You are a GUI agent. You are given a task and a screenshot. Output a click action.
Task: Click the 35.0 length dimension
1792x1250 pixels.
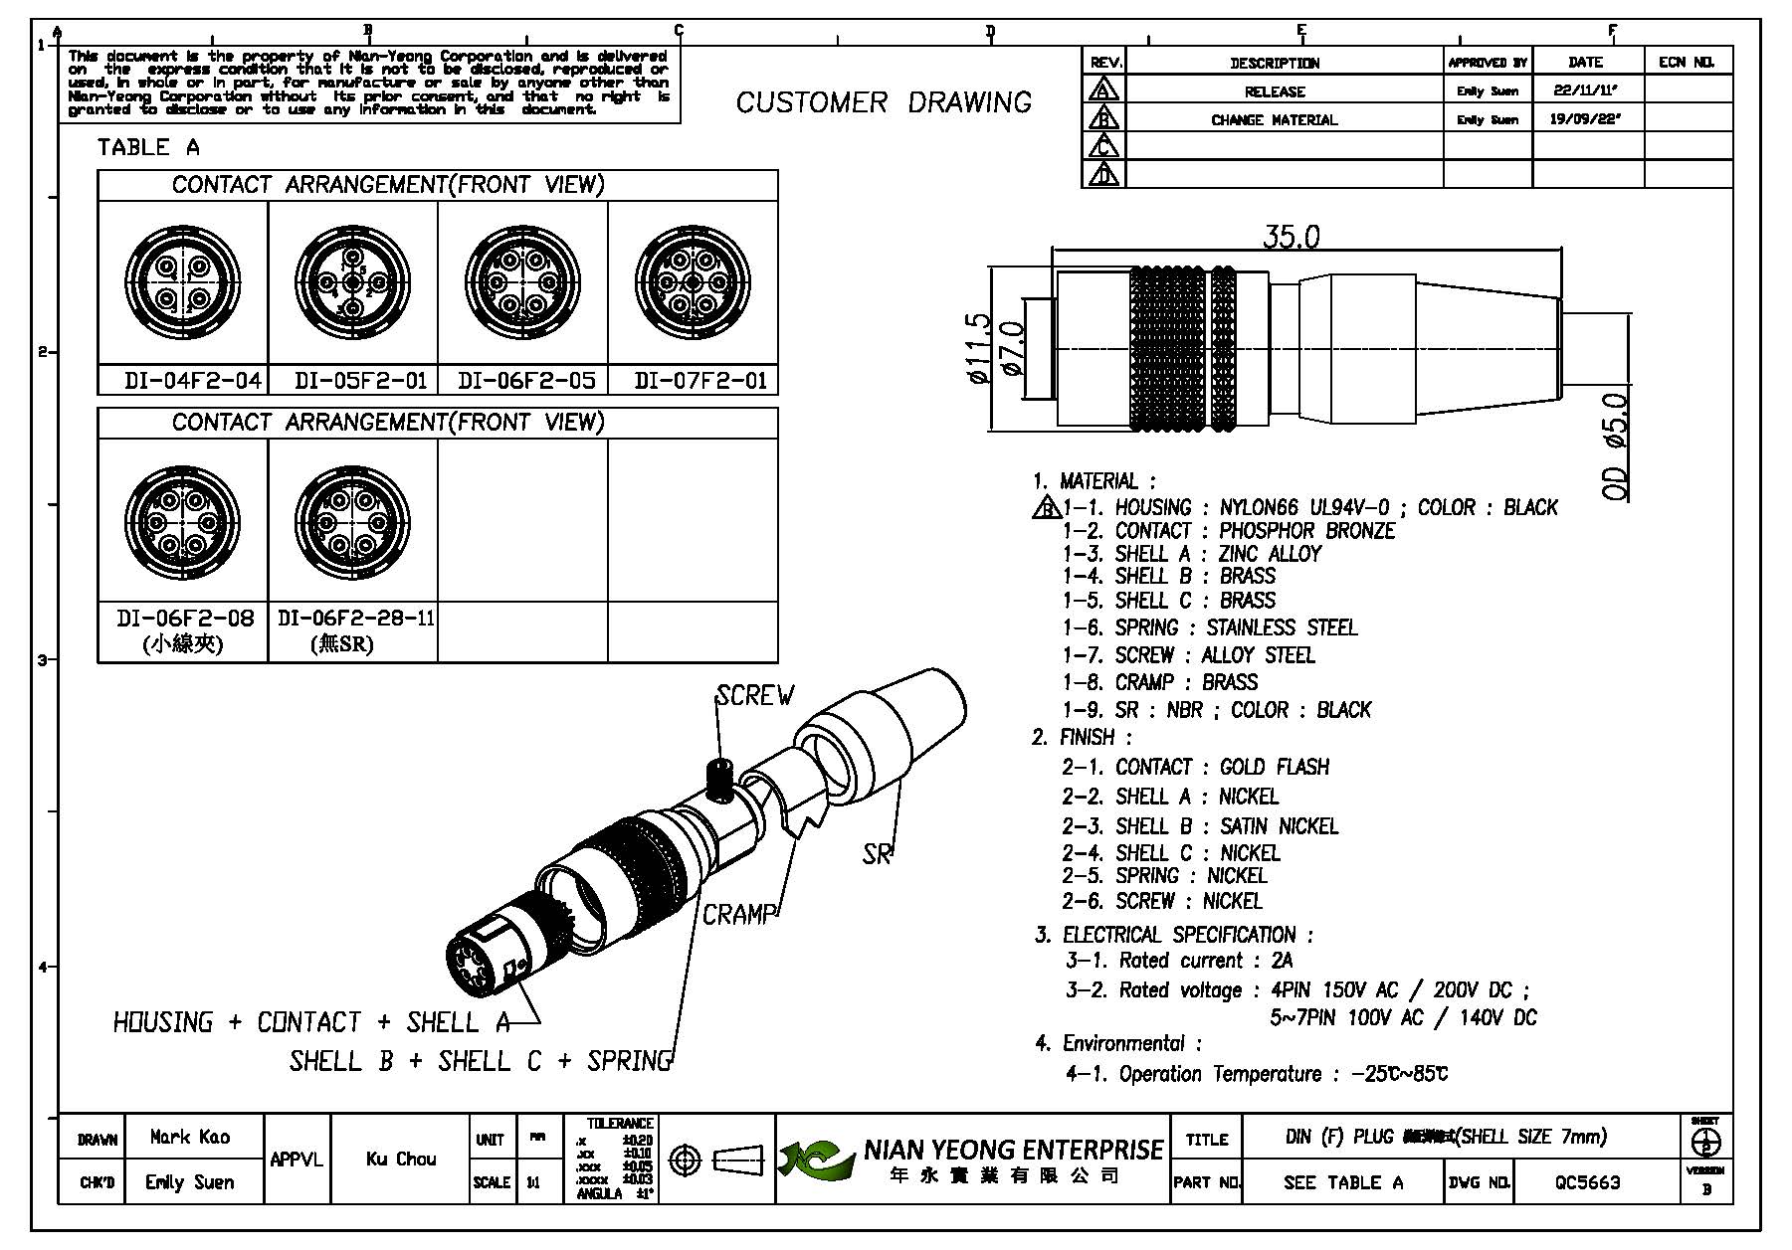[1291, 237]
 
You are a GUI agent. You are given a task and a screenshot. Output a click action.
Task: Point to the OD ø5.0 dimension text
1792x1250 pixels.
[1618, 446]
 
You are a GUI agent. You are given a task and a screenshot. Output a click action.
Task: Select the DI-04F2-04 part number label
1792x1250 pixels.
[193, 381]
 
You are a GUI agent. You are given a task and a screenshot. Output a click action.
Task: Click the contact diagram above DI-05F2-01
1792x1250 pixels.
[353, 283]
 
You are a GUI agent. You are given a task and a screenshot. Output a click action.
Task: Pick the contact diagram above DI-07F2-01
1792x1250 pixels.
[693, 283]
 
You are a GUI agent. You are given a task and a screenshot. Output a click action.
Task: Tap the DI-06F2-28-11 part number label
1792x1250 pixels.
[355, 619]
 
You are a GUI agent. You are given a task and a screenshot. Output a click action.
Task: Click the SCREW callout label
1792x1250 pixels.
[755, 696]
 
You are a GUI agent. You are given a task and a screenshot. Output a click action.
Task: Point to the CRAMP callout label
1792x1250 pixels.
[738, 915]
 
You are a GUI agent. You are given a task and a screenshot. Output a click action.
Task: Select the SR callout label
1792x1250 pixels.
[877, 854]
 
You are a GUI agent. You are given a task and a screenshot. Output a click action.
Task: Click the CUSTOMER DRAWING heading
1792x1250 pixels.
[884, 102]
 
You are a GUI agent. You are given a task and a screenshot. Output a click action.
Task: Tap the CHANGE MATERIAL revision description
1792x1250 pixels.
[1274, 119]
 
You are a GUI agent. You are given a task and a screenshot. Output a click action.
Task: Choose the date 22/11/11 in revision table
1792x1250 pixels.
[1585, 90]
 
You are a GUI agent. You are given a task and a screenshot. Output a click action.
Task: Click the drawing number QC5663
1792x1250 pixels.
[1588, 1182]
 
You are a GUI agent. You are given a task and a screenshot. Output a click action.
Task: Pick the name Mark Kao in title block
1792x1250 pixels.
[190, 1137]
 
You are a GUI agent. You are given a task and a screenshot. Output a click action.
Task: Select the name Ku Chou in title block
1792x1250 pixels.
[401, 1159]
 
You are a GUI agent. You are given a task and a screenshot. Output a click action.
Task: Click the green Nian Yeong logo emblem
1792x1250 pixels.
[816, 1160]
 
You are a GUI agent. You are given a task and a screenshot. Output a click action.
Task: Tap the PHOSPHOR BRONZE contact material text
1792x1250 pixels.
[1306, 531]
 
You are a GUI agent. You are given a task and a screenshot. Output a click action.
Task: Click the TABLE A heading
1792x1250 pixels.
[148, 148]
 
